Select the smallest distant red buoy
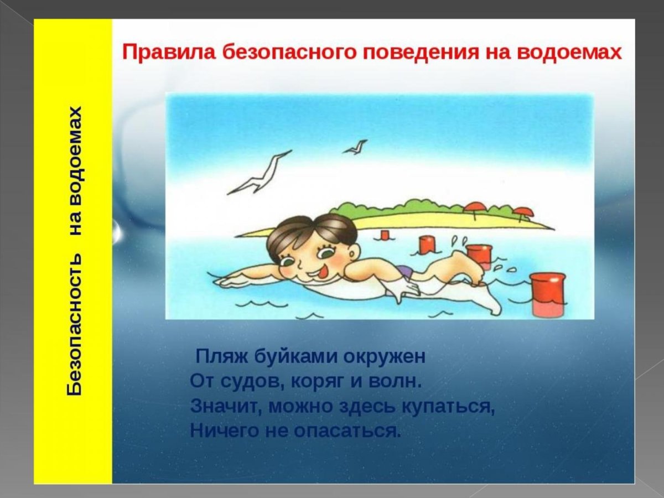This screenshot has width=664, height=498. click(383, 235)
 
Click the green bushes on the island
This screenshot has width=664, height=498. click(387, 208)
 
